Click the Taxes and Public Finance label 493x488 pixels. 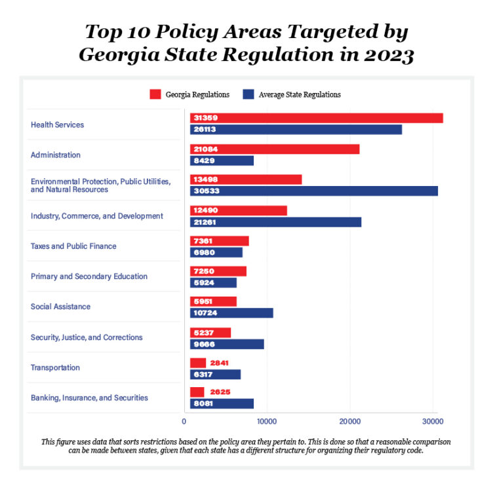73,246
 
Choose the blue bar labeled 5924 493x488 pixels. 213,282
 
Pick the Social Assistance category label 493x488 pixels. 60,307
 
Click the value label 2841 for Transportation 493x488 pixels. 219,363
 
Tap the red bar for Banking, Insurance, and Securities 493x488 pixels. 197,392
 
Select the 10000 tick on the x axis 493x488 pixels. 266,421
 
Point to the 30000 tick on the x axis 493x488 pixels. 432,421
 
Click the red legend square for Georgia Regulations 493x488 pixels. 155,94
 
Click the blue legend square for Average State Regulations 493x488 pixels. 249,94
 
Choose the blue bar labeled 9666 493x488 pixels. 227,344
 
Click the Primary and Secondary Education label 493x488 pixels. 89,276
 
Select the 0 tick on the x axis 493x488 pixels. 184,421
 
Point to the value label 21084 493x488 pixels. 205,149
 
